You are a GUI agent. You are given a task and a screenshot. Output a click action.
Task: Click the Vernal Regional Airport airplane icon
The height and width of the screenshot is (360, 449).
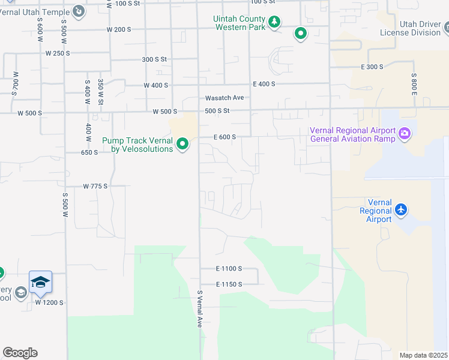pos(401,210)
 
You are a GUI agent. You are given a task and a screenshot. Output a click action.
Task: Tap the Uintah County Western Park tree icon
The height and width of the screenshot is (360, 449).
pos(274,22)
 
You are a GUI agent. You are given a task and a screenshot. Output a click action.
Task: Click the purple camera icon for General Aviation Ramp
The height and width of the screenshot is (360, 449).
pos(404,133)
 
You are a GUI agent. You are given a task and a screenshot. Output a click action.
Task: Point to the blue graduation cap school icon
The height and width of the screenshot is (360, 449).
pos(40,282)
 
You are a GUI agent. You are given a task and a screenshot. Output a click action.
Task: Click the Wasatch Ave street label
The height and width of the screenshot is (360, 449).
pos(224,98)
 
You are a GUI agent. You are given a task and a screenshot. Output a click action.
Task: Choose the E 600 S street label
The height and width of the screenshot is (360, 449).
pos(224,137)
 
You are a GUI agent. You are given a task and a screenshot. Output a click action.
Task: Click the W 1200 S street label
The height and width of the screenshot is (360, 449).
pos(49,302)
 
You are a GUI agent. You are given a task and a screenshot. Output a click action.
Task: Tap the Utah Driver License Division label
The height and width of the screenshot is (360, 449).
pos(411,28)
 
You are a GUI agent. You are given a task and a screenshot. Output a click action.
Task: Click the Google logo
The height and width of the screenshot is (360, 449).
pos(20,353)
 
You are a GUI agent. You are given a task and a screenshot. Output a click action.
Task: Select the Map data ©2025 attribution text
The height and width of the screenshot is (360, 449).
pos(423,355)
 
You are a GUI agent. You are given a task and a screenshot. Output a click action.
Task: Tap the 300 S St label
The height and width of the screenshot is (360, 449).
pos(154,59)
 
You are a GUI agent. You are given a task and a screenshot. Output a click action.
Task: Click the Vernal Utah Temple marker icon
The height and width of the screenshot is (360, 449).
pos(79,10)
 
